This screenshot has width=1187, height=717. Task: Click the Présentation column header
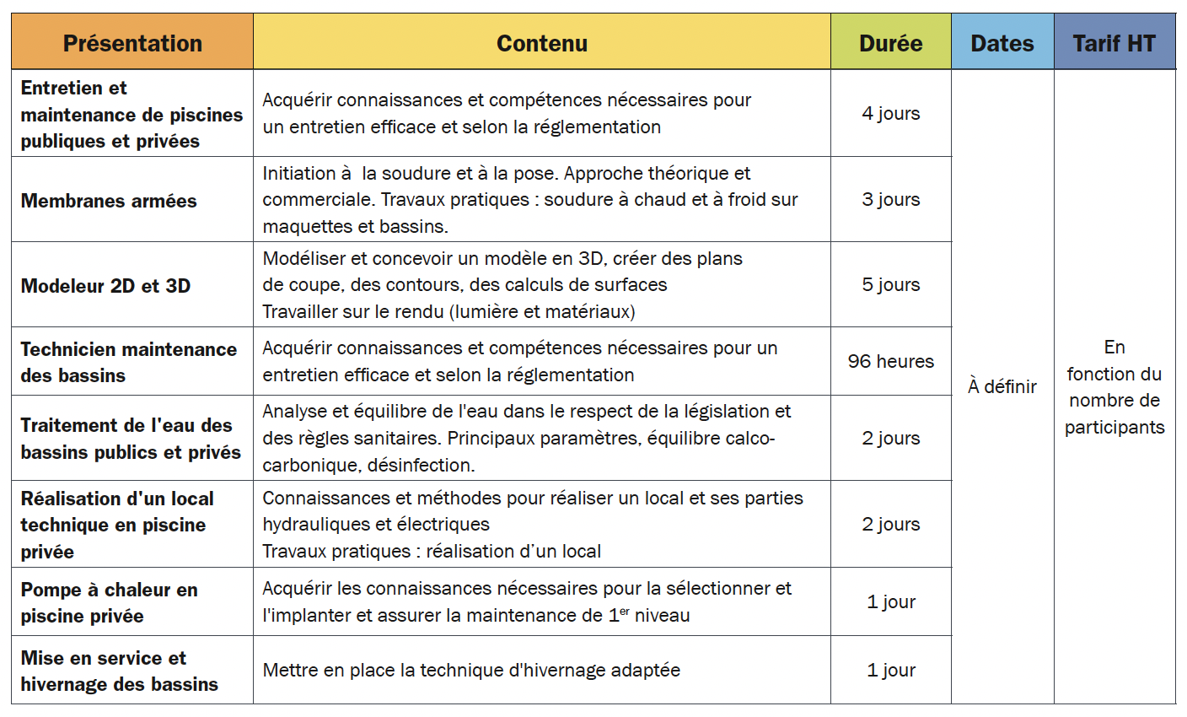tap(132, 43)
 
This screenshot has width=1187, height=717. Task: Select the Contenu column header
tap(541, 43)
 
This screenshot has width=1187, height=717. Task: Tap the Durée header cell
tap(890, 43)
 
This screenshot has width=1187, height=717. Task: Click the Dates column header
tap(1002, 43)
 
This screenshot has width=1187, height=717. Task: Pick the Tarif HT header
tap(1114, 43)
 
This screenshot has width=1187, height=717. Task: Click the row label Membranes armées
tap(109, 201)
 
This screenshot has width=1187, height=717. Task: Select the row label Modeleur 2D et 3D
tap(105, 286)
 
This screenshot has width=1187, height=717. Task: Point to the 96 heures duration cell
tap(890, 361)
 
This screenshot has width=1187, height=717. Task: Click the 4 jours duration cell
tap(890, 113)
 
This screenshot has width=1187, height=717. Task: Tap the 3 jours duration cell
tap(890, 199)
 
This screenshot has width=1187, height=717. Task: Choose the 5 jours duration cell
tap(890, 284)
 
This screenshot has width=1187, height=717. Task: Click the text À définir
tap(1002, 386)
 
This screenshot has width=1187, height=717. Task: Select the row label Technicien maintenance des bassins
tap(128, 362)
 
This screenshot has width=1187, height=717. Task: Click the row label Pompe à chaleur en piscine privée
tap(109, 602)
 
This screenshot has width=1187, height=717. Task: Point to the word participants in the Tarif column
tap(1114, 427)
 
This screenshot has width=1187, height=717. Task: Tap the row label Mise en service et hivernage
tap(119, 671)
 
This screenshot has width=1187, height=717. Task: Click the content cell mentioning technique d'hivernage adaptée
tap(471, 670)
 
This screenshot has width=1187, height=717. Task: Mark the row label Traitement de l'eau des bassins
tap(131, 439)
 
